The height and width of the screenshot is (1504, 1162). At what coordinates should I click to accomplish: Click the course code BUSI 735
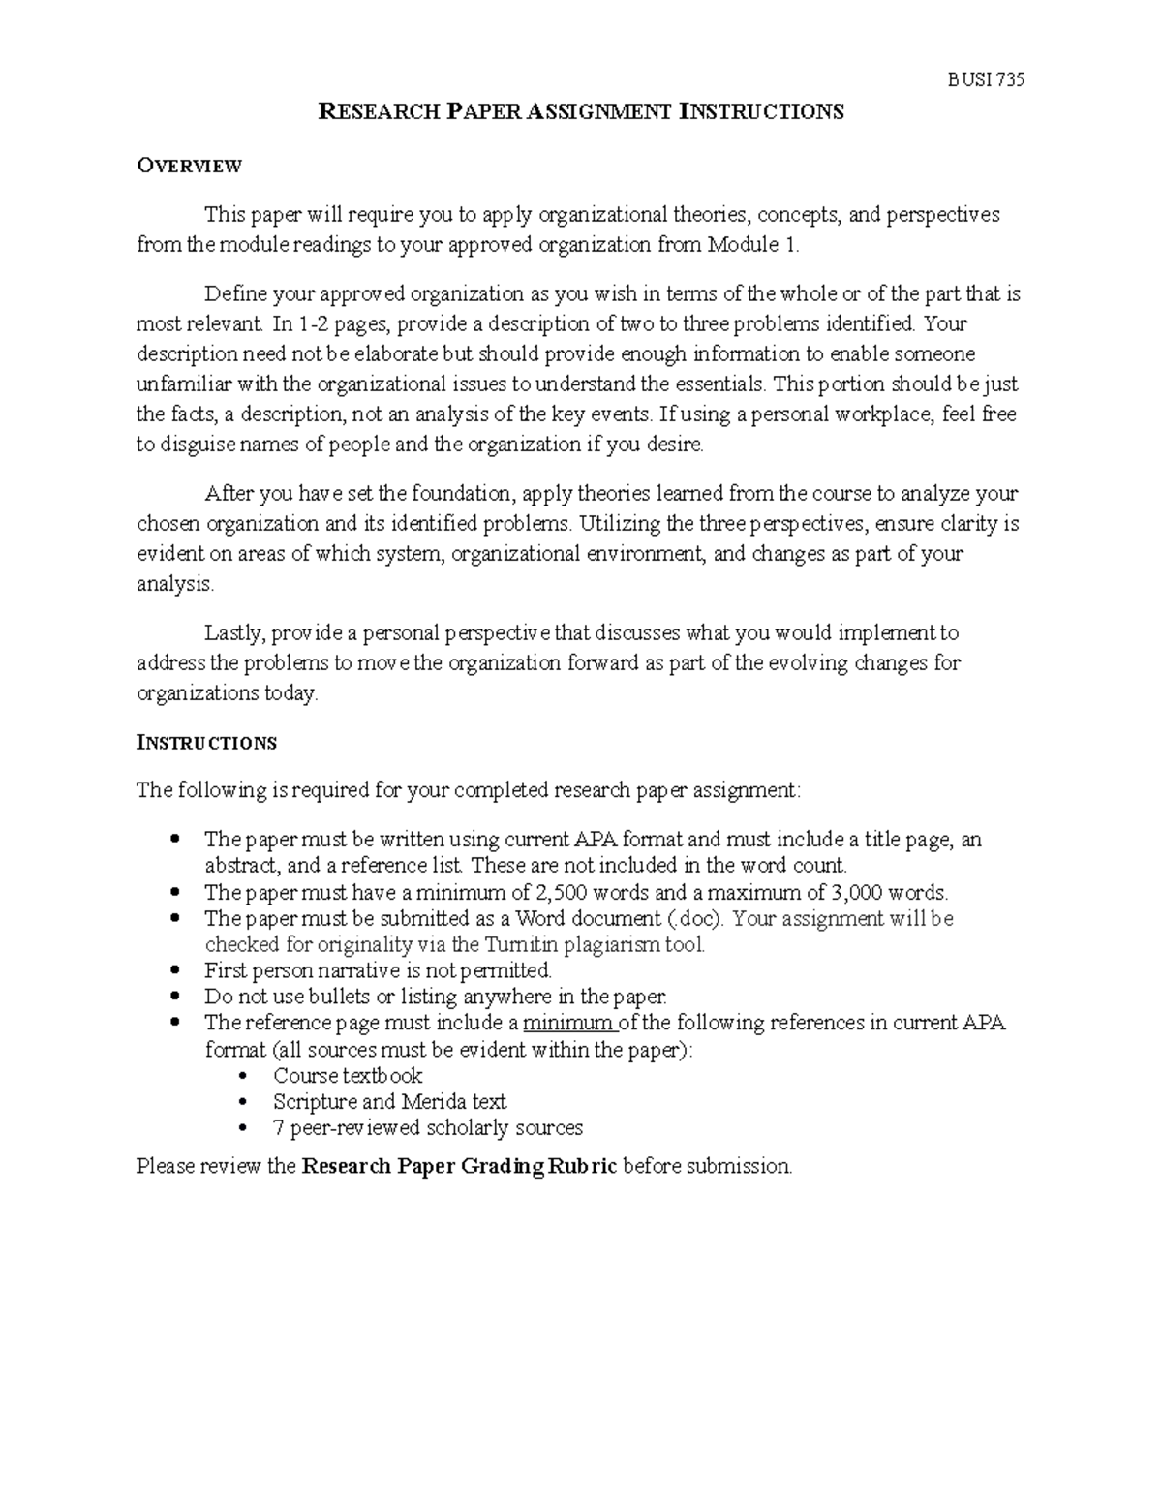pyautogui.click(x=985, y=80)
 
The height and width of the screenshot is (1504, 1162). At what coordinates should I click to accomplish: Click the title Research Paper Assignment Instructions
pyautogui.click(x=581, y=112)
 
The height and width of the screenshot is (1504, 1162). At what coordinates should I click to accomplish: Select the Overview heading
pyautogui.click(x=189, y=166)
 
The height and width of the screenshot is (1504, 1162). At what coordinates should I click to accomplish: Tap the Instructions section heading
pyautogui.click(x=206, y=743)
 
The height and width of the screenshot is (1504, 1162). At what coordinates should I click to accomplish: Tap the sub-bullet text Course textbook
pyautogui.click(x=348, y=1075)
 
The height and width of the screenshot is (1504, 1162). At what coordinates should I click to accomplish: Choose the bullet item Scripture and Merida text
pyautogui.click(x=389, y=1101)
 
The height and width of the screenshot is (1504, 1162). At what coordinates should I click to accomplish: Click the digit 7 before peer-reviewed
pyautogui.click(x=279, y=1127)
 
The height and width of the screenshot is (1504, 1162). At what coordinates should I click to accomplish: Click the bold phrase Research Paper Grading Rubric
pyautogui.click(x=459, y=1166)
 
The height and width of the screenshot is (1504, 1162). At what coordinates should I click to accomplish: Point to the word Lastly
pyautogui.click(x=233, y=633)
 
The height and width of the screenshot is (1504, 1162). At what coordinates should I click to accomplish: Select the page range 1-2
pyautogui.click(x=313, y=323)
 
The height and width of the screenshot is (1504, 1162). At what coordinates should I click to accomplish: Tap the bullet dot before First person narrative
pyautogui.click(x=174, y=969)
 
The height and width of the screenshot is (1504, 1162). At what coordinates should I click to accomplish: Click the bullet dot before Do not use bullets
pyautogui.click(x=174, y=996)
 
